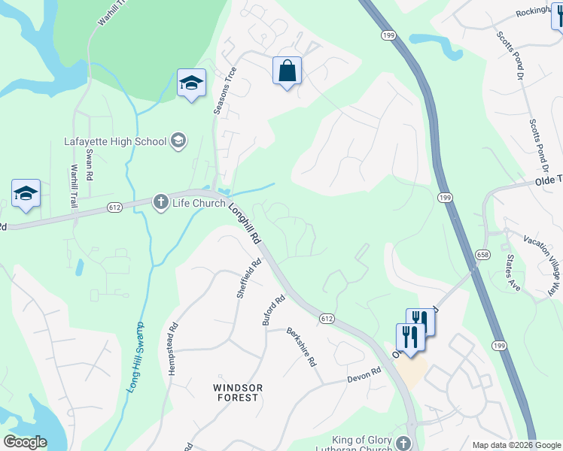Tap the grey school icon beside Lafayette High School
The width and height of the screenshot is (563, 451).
pos(178,140)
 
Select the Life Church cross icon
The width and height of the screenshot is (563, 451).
pos(160,202)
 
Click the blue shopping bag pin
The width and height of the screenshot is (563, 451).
pos(287,71)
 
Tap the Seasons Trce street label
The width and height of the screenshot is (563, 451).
pos(225,91)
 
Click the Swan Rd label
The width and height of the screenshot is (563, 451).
pos(89,163)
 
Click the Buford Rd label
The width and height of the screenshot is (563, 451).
pos(273,310)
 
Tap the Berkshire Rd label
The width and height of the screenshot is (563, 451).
pos(301,347)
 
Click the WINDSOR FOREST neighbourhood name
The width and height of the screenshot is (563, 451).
pos(238,392)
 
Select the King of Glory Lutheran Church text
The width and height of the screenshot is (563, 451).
pos(364,444)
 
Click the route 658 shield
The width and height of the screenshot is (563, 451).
pos(479,256)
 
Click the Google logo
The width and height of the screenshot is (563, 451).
pos(25,442)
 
